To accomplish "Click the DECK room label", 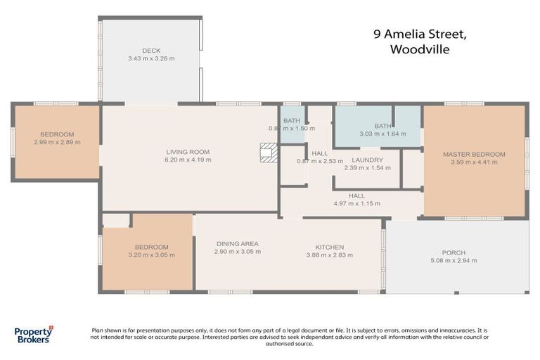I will pos(151,51).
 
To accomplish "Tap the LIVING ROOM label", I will pos(188,152).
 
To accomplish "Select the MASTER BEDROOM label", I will pos(474,154).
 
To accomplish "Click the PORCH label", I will pos(454,253).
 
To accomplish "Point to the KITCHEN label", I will pos(329,247).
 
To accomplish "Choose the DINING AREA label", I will pos(237,243).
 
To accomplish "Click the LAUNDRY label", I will pos(367,160).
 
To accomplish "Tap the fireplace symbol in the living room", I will pos(268,153).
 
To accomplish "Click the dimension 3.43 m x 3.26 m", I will pos(151,58).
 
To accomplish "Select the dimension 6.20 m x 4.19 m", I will pos(188,160).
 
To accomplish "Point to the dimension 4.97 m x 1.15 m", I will pos(356,204).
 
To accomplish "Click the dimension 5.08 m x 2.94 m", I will pos(454,261).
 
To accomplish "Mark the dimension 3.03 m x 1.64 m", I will pos(382,134).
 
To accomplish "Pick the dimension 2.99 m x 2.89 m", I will pos(57,142).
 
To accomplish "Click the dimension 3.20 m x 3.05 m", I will pos(151,255).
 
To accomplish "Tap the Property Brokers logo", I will pos(33,335).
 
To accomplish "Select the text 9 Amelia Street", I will pos(419,34).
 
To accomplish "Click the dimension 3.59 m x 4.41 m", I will pos(474,162).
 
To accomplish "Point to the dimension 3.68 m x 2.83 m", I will pos(329,255).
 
